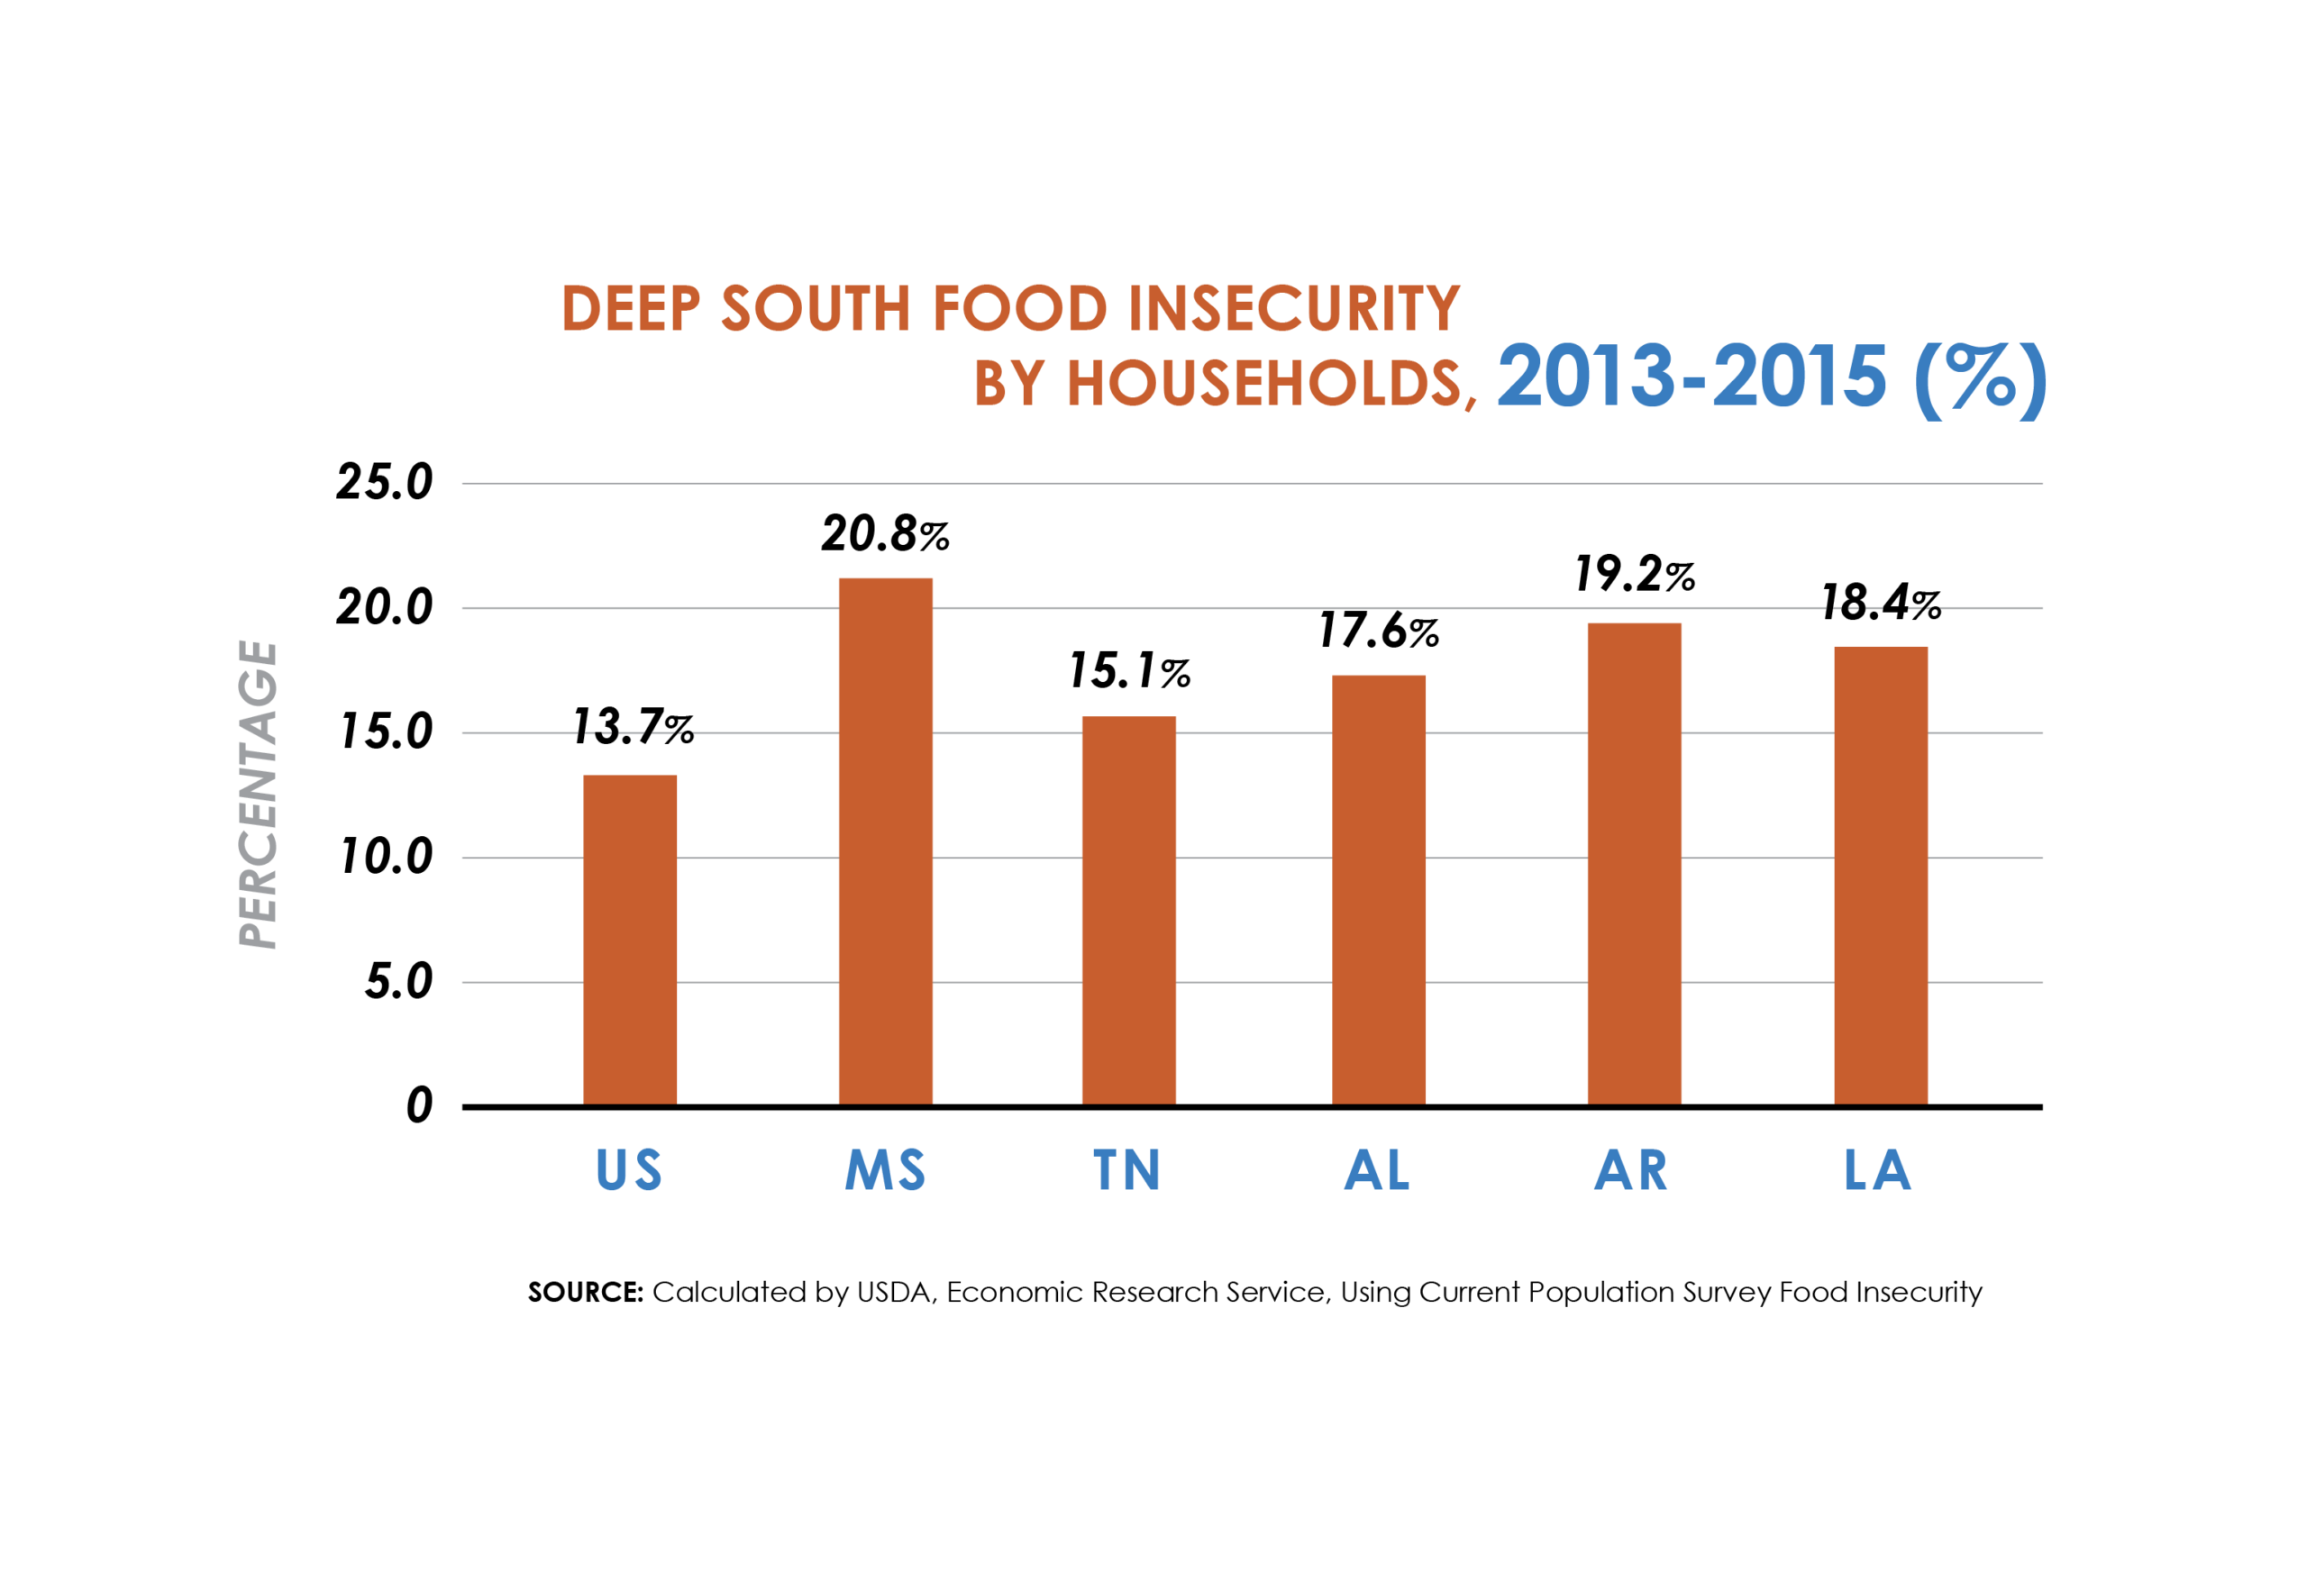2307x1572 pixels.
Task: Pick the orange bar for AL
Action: (1379, 893)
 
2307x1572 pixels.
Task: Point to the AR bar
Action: (1634, 863)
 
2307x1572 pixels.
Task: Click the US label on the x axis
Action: (628, 1170)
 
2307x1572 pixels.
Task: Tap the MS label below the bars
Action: (884, 1170)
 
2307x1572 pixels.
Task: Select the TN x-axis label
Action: (1126, 1170)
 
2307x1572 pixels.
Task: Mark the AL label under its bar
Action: (1377, 1170)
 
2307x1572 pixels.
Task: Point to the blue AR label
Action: (1631, 1170)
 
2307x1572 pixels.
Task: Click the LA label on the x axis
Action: (1877, 1170)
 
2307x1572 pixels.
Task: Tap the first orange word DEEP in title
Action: (635, 308)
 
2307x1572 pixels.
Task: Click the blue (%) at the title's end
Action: (1981, 379)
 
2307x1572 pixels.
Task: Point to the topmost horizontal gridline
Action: (1251, 483)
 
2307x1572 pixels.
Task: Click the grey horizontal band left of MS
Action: (556, 674)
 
